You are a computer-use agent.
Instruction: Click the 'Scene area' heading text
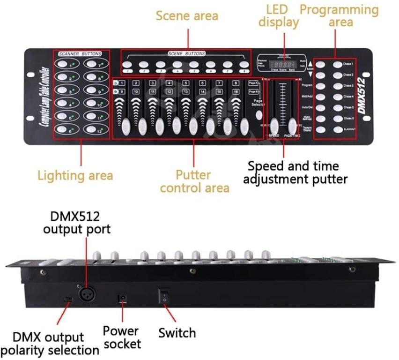click(x=187, y=15)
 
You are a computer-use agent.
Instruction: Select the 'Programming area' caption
click(x=339, y=15)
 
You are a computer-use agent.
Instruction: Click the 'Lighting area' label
click(x=75, y=175)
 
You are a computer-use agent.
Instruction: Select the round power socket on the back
click(x=124, y=298)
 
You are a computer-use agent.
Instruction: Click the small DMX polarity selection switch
click(x=68, y=299)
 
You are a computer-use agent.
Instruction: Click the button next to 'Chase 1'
click(x=337, y=64)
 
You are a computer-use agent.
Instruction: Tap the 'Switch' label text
click(x=177, y=333)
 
